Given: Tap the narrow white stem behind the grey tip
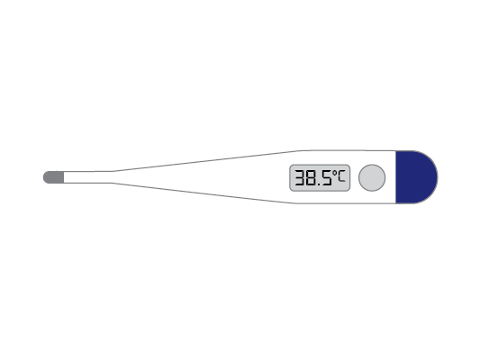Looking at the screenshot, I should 86,177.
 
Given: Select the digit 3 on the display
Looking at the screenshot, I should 301,178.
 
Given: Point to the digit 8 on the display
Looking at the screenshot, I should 312,178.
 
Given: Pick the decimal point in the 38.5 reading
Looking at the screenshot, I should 320,184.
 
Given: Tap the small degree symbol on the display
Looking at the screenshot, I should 334,172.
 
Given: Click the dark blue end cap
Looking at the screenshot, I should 414,177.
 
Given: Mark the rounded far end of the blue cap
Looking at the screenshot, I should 436,177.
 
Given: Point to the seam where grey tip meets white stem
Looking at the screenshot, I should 64,177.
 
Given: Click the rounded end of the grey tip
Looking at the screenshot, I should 44,177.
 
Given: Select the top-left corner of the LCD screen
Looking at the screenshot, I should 290,166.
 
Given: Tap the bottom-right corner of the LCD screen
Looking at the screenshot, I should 349,190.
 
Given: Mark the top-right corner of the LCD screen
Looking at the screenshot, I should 349,166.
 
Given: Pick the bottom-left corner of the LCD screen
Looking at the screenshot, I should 290,190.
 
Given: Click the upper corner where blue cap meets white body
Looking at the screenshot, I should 396,151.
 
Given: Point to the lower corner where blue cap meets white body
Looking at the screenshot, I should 396,203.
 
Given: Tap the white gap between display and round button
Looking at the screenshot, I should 354,178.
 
